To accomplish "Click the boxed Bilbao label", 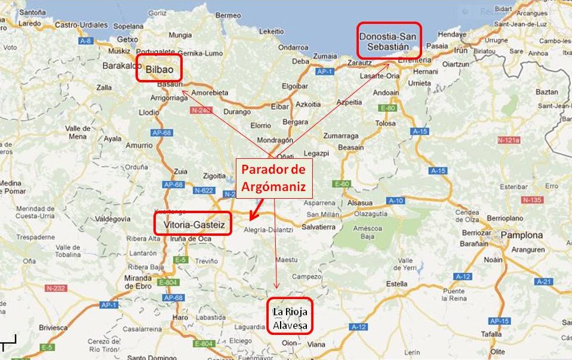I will (x=158, y=67).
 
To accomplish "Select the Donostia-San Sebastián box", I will (x=389, y=41).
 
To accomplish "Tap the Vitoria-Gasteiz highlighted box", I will (x=192, y=223).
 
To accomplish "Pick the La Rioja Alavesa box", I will (x=290, y=316).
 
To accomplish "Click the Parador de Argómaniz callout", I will (x=276, y=179).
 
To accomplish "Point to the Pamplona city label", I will (x=522, y=235).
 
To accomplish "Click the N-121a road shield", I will (x=509, y=140).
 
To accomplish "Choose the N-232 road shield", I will (x=56, y=287).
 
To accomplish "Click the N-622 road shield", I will (x=204, y=190).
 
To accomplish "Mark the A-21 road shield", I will (x=544, y=281).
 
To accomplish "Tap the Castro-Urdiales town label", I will (x=81, y=25).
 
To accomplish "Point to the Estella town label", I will (x=397, y=284).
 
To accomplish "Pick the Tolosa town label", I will (x=386, y=124).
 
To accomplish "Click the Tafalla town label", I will (x=491, y=334).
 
